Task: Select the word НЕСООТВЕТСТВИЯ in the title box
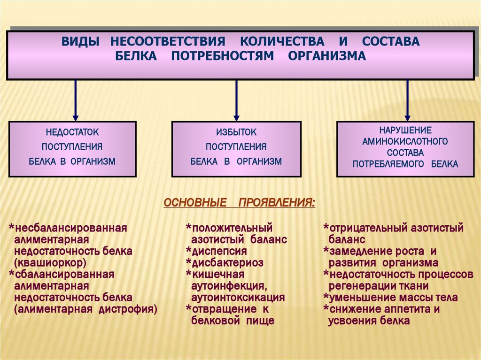pyautogui.click(x=168, y=41)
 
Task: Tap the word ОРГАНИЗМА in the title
pyautogui.click(x=326, y=56)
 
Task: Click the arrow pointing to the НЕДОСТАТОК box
pyautogui.click(x=75, y=100)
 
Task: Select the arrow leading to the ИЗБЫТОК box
pyautogui.click(x=236, y=100)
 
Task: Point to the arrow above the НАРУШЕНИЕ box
pyautogui.click(x=407, y=100)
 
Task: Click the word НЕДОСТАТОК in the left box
pyautogui.click(x=72, y=133)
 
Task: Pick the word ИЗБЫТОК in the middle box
pyautogui.click(x=236, y=133)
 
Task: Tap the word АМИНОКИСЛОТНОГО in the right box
pyautogui.click(x=405, y=141)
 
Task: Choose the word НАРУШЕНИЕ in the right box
pyautogui.click(x=405, y=130)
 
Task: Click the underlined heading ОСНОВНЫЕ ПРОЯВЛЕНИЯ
pyautogui.click(x=240, y=203)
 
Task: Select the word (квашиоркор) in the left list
pyautogui.click(x=50, y=262)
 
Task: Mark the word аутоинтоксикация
pyautogui.click(x=238, y=298)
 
